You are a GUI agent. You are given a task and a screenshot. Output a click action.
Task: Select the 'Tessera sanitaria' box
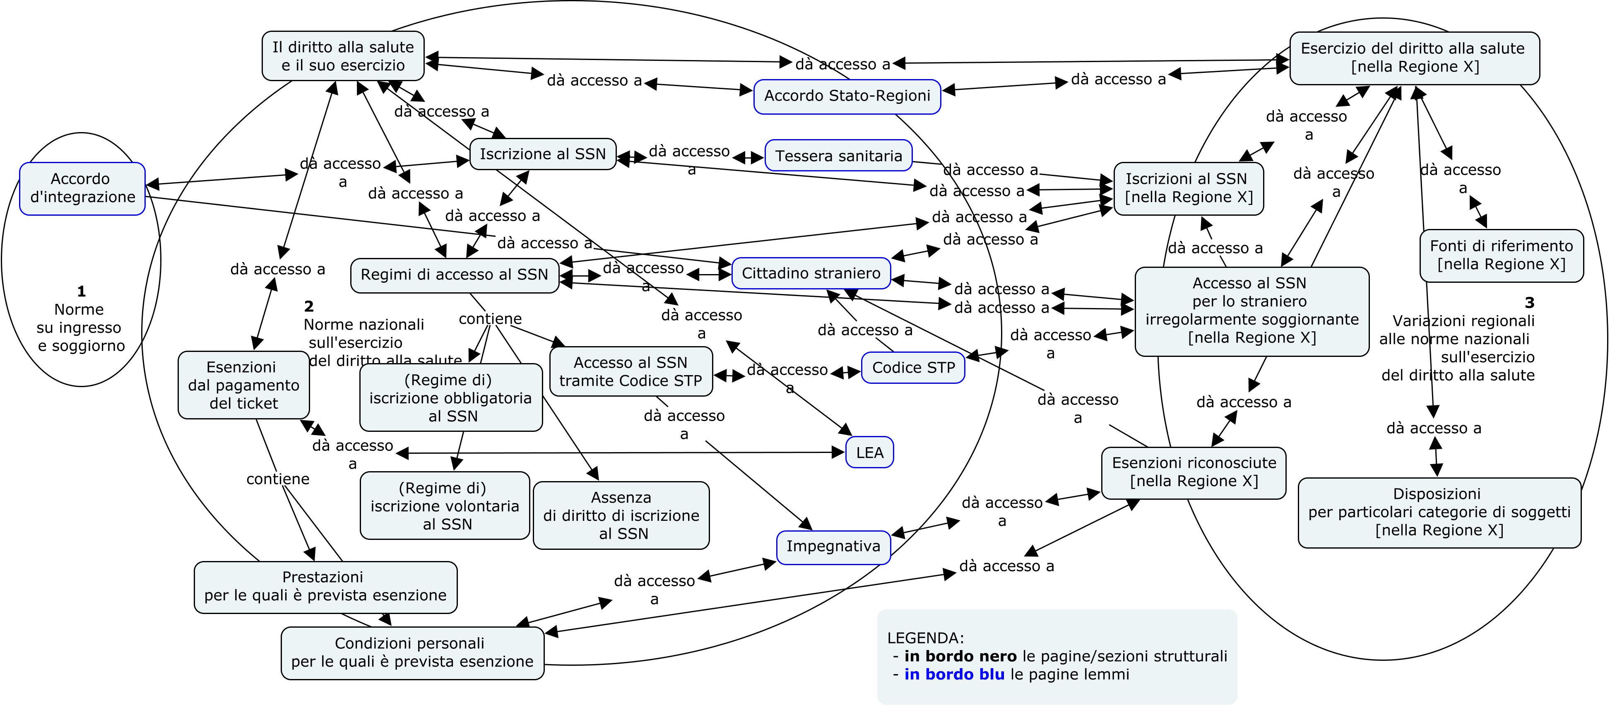(x=838, y=156)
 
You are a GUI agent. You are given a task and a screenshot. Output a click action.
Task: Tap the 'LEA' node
(x=869, y=453)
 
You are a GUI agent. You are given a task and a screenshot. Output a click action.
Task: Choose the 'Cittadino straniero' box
(x=811, y=274)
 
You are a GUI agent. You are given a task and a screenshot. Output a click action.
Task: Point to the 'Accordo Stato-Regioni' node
(x=847, y=96)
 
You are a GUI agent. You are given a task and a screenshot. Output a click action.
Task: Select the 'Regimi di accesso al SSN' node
(x=455, y=275)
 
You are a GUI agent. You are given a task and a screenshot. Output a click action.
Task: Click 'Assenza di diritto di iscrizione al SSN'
(x=621, y=515)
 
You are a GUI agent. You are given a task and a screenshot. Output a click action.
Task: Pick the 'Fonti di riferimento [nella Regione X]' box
(x=1501, y=255)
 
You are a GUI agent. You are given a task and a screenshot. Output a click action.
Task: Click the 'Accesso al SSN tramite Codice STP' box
(x=631, y=372)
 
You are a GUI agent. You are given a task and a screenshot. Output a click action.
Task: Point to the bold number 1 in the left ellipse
(x=81, y=291)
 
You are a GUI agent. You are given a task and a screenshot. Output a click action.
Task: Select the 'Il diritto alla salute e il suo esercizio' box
(x=343, y=56)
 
